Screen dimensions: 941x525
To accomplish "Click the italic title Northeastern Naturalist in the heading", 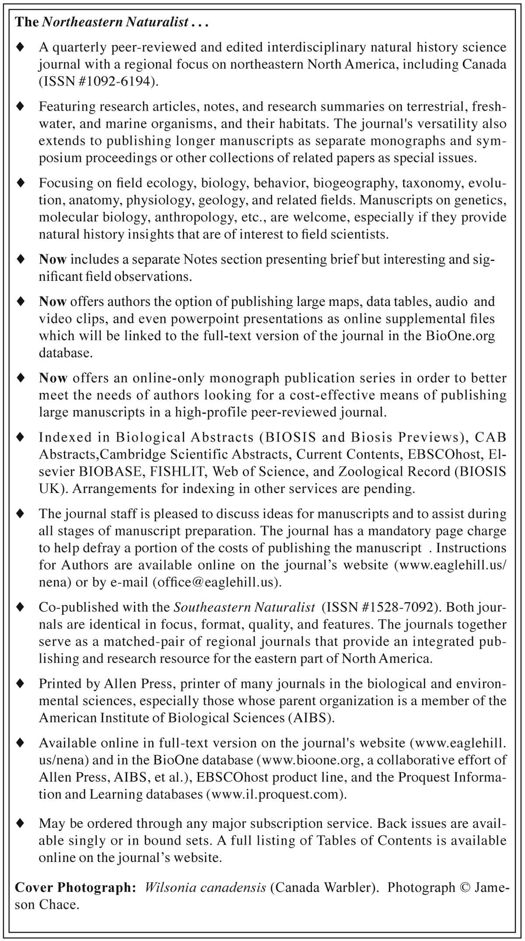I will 115,22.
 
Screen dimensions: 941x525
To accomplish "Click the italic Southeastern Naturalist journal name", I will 244,607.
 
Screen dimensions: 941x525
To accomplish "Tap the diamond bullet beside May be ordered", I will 20,824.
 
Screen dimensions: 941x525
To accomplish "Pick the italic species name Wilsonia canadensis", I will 205,888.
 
